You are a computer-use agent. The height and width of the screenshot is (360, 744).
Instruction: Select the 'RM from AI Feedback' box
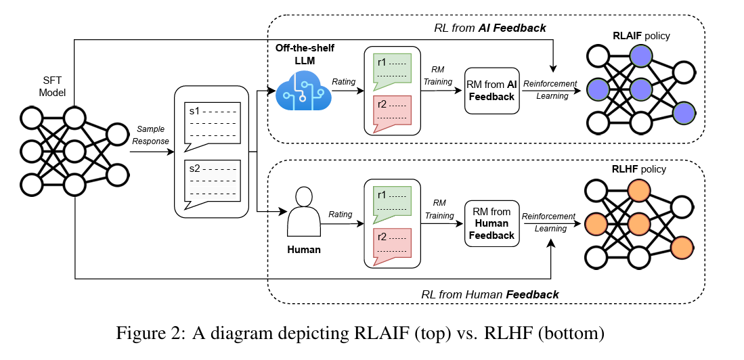[x=491, y=91]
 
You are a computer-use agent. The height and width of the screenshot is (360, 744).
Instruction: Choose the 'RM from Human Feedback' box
[x=491, y=223]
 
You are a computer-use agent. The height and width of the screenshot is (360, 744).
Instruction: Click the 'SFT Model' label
[x=52, y=86]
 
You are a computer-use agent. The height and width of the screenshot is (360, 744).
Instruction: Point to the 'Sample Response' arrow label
[x=151, y=135]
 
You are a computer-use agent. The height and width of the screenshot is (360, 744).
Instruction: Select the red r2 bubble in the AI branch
[x=392, y=110]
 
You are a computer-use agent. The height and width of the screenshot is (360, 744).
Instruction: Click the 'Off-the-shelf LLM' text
[x=305, y=54]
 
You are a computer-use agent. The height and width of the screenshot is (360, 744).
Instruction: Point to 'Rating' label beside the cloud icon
[x=344, y=82]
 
